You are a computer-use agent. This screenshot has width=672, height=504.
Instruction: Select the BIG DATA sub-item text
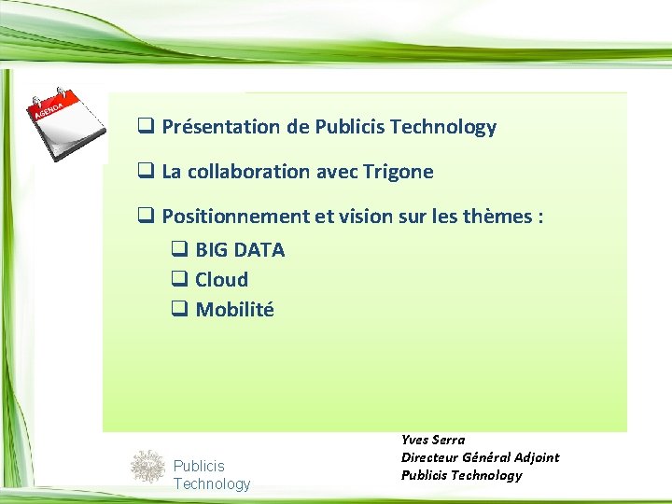(x=240, y=250)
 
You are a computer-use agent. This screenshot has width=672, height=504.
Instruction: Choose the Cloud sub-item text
(x=221, y=280)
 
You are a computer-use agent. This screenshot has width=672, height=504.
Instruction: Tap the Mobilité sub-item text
(x=234, y=310)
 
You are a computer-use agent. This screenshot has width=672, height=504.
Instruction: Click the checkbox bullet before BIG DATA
(x=178, y=250)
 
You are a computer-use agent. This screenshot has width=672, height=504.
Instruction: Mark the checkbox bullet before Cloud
(x=178, y=280)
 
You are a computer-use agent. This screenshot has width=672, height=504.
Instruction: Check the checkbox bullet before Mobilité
(x=178, y=310)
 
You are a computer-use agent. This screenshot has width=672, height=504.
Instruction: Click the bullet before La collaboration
(x=146, y=172)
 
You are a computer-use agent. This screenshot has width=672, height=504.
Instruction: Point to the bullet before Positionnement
(x=146, y=217)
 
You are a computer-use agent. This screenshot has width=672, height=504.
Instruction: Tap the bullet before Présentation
(x=146, y=127)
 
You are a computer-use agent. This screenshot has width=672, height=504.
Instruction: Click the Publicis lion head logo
(x=147, y=466)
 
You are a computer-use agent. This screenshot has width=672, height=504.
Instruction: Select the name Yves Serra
(x=433, y=440)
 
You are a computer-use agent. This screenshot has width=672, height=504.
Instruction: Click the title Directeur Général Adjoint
(x=480, y=457)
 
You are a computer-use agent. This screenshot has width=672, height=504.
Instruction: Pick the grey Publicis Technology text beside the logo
(x=212, y=474)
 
